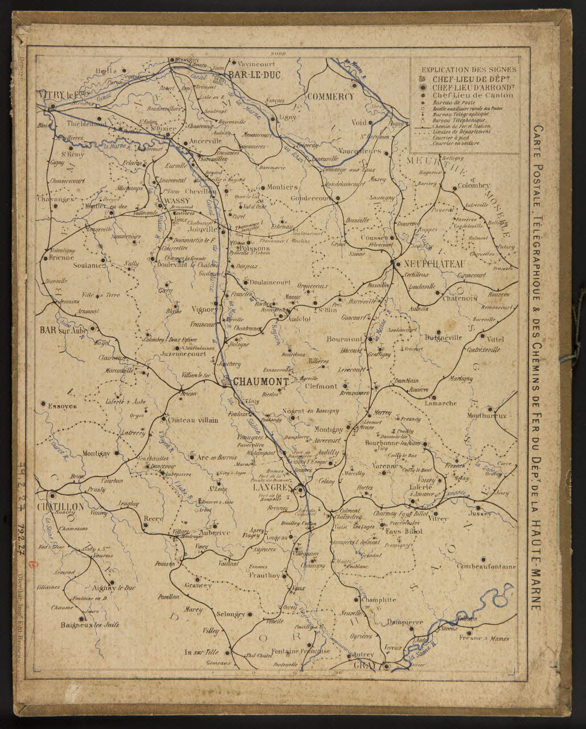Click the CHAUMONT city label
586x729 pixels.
(x=259, y=382)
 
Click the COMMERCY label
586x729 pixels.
(x=330, y=96)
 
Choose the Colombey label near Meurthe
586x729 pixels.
(x=473, y=186)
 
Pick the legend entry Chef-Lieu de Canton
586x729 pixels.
(x=472, y=95)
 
